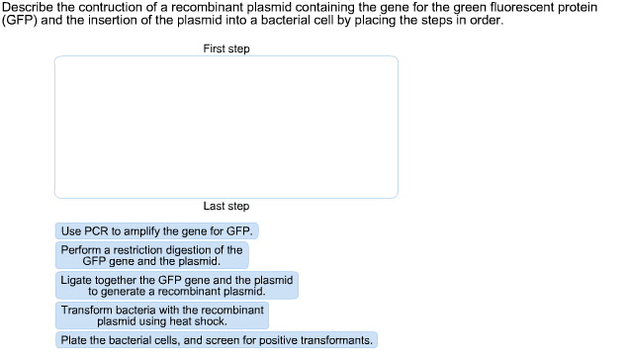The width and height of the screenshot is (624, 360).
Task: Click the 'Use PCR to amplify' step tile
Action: click(157, 231)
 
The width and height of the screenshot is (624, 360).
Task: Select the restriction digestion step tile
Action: click(151, 256)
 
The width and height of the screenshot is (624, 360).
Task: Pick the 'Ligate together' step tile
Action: click(176, 286)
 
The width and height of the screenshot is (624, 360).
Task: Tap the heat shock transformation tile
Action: click(162, 315)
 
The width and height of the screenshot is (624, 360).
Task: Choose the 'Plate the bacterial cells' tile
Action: click(217, 340)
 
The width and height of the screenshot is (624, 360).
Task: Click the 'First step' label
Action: click(226, 48)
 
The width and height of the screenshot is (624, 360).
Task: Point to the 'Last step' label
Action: click(226, 206)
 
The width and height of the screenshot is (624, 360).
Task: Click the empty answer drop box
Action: click(226, 127)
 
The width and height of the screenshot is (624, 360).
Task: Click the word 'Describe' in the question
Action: click(27, 8)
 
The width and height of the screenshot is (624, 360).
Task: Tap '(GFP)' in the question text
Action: click(20, 20)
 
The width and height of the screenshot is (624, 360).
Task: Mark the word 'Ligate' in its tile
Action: click(77, 280)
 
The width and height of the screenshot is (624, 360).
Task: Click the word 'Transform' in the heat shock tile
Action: click(86, 310)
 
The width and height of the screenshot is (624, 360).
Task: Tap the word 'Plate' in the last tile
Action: click(75, 340)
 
